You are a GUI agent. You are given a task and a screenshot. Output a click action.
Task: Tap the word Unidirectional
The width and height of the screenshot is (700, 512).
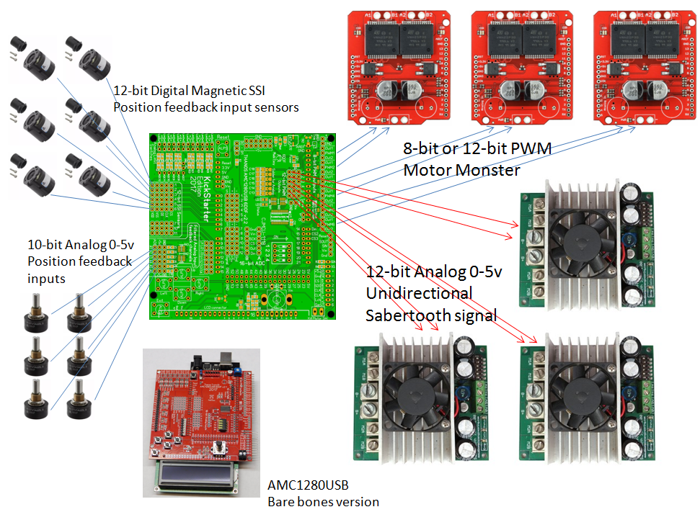click(419, 293)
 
